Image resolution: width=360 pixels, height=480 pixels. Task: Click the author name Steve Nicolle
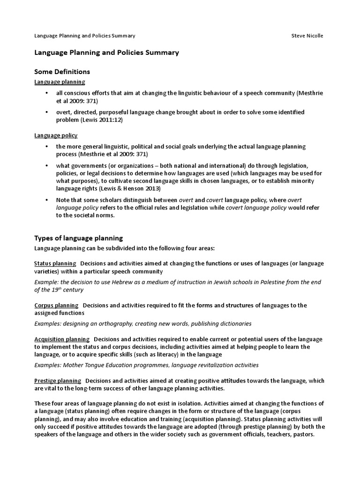tap(307, 36)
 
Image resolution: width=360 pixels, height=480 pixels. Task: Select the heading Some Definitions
tap(62, 72)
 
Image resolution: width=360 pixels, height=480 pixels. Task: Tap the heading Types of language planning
tap(79, 238)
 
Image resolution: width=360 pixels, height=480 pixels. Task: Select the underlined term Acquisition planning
tap(62, 339)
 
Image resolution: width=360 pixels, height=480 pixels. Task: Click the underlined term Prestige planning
tap(58, 381)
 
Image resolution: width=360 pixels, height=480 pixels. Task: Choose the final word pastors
tap(301, 434)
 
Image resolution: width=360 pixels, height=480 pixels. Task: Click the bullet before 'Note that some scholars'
tap(46, 200)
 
